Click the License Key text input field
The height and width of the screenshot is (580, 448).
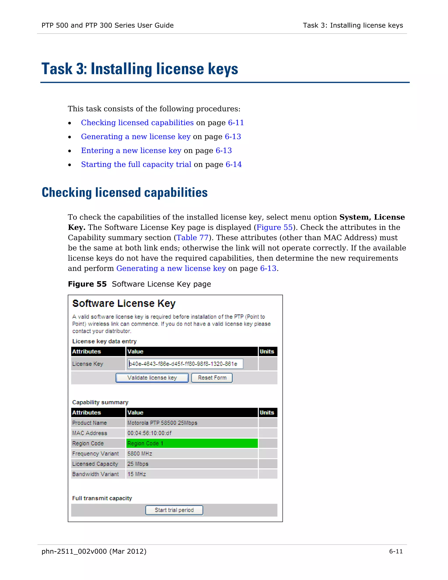pyautogui.click(x=185, y=364)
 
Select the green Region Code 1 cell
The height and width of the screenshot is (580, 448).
pyautogui.click(x=192, y=443)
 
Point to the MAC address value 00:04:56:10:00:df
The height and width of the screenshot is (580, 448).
pyautogui.click(x=149, y=433)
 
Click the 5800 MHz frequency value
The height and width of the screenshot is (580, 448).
pyautogui.click(x=140, y=453)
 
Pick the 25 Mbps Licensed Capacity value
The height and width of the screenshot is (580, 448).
pyautogui.click(x=138, y=464)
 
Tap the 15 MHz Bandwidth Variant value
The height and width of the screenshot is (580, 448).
pyautogui.click(x=136, y=474)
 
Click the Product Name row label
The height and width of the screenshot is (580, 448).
pyautogui.click(x=89, y=423)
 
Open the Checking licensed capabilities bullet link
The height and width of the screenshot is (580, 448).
pyautogui.click(x=137, y=123)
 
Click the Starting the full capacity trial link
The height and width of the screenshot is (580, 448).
pyautogui.click(x=136, y=164)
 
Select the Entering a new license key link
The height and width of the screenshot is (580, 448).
pyautogui.click(x=131, y=151)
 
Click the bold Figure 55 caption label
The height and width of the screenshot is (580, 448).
pyautogui.click(x=87, y=284)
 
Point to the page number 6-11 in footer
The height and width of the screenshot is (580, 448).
pyautogui.click(x=396, y=551)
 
